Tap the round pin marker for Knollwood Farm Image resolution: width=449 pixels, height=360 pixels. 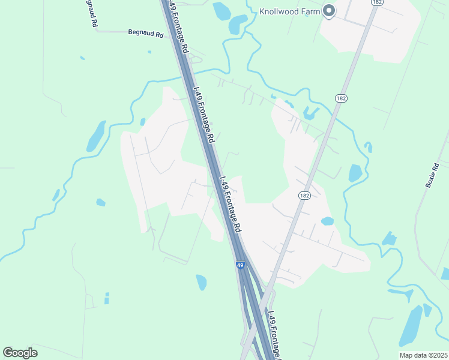coord(328,10)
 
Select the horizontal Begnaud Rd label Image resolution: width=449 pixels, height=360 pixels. coord(146,34)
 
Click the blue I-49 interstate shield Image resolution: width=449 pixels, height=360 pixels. coord(240,265)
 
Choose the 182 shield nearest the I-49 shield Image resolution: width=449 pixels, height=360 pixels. coord(304,196)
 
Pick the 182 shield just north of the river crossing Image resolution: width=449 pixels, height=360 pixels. coord(341,98)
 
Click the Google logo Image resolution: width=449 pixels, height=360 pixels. coord(20,352)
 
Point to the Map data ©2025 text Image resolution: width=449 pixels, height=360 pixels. coord(423,355)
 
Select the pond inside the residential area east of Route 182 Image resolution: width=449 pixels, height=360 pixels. coord(327,221)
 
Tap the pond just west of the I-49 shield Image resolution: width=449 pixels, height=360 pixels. coord(201,281)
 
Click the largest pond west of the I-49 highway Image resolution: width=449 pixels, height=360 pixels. coord(96,136)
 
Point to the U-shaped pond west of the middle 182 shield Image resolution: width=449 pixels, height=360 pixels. coord(311,112)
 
